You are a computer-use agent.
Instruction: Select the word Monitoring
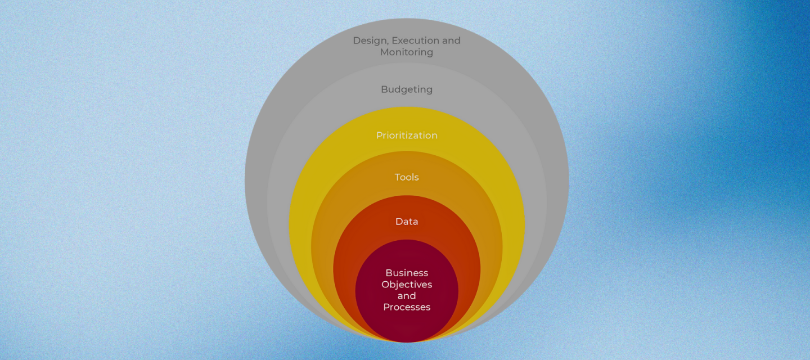(407, 52)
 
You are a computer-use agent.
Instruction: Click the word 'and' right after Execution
(451, 40)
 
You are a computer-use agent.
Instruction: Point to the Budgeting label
(407, 89)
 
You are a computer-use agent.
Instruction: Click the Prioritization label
(407, 136)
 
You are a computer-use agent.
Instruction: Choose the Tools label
(407, 177)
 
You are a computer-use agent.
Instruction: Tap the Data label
(407, 222)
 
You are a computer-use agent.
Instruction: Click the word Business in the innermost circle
(407, 273)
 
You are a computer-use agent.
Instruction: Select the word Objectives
(407, 285)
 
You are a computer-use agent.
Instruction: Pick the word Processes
(407, 307)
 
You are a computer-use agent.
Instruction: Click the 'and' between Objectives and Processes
(407, 296)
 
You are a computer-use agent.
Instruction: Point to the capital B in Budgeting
(384, 89)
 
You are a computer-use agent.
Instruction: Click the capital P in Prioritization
(379, 136)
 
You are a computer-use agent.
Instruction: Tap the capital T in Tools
(398, 177)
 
